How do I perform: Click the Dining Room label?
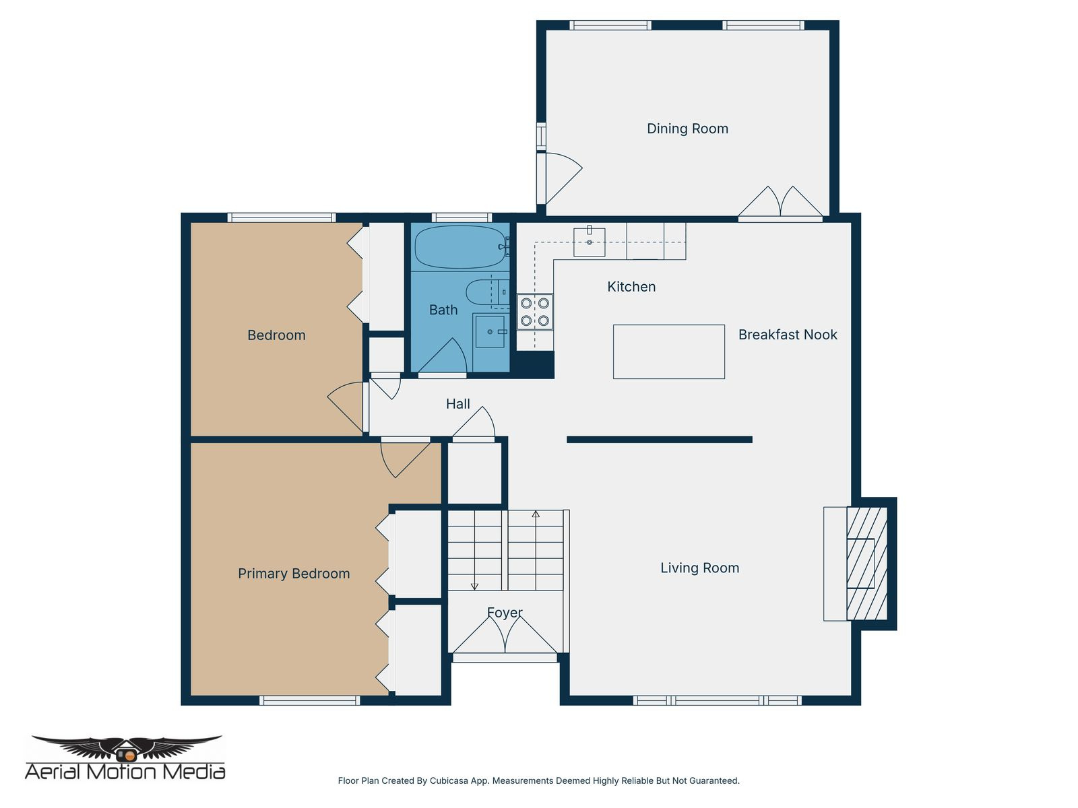[x=687, y=129]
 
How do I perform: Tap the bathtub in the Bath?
[x=458, y=246]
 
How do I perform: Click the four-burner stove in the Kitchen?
[x=535, y=312]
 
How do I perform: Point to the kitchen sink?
[x=589, y=242]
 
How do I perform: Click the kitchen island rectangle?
[x=668, y=351]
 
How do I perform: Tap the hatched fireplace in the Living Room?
[x=867, y=564]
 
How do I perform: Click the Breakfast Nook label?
[x=787, y=335]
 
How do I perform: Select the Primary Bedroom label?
[x=294, y=574]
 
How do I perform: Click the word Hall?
[x=457, y=404]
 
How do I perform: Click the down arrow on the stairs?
[x=474, y=584]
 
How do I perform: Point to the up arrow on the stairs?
[x=536, y=515]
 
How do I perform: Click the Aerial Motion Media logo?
[x=125, y=757]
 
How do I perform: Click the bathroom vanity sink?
[x=490, y=332]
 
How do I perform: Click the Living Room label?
[x=699, y=568]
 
